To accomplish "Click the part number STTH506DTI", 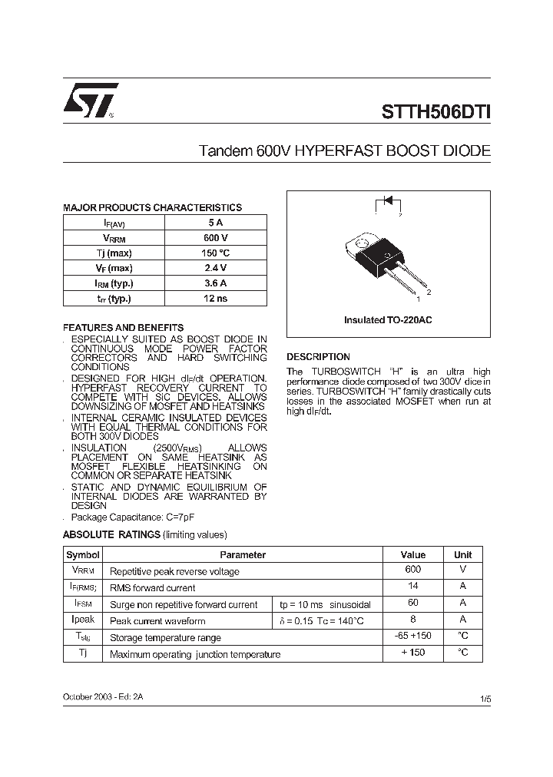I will pos(435,111).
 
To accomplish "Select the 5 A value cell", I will pos(215,222).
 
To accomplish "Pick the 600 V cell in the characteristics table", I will pos(215,237).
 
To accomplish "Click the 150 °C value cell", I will pos(215,253).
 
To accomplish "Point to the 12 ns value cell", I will pos(215,299).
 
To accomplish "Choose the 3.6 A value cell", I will pos(215,283).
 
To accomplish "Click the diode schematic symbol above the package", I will pos(388,202).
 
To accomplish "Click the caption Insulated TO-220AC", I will pos(388,319).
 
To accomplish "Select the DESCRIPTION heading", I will pos(318,357).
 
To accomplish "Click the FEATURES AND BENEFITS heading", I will pos(123,327).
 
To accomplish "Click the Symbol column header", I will pos(83,554).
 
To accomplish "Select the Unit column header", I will pos(462,554).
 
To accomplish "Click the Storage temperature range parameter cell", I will pos(165,638).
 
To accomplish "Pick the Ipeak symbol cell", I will pos(83,620).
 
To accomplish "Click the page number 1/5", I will pos(484,699).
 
